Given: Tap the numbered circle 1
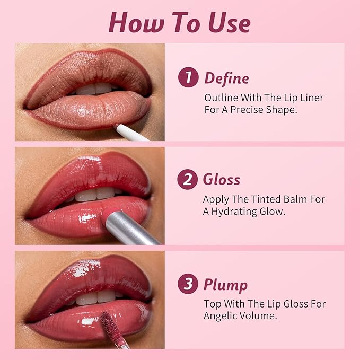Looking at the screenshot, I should (x=188, y=78).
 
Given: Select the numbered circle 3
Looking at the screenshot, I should (x=188, y=285).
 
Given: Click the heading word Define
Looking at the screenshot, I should (x=226, y=78).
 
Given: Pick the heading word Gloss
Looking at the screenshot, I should (x=221, y=180).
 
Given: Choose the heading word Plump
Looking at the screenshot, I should (x=225, y=285).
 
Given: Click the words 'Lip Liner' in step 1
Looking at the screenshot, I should (x=304, y=98).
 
